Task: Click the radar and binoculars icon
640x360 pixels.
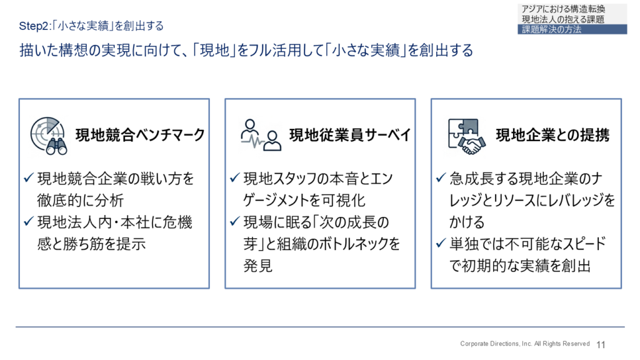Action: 49,136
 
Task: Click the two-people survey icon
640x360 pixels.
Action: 261,135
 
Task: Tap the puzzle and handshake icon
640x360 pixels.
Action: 466,136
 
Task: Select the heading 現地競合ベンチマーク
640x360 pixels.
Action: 140,135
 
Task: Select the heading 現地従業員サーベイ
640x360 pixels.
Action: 350,135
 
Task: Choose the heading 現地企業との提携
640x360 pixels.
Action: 552,135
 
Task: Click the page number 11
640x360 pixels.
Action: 601,345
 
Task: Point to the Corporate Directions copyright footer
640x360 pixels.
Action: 525,344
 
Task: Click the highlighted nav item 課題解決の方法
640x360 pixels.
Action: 551,29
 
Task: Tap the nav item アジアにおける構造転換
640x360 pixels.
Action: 563,9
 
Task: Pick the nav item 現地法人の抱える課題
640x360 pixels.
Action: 563,19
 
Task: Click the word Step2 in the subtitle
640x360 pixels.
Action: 34,26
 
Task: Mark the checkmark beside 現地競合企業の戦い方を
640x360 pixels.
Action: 29,178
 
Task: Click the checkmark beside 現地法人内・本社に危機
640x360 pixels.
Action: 29,222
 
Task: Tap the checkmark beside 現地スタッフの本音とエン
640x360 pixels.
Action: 235,178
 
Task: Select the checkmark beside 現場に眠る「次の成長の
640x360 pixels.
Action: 235,222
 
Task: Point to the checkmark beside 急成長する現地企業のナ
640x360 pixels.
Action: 441,178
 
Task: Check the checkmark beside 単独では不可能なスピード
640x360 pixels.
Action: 441,244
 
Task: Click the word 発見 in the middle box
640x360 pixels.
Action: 258,266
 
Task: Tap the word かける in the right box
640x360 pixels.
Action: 467,222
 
